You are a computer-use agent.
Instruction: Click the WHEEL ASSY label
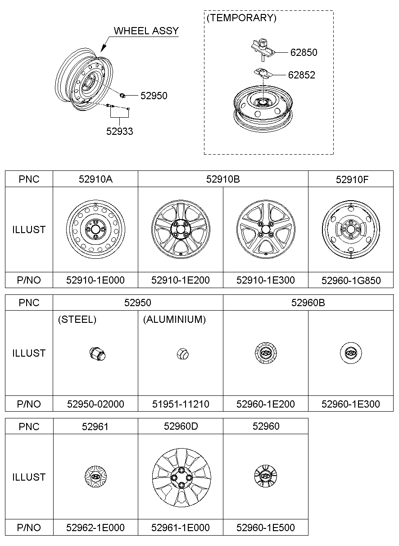coord(146,31)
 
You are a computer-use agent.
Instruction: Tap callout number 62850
coord(304,52)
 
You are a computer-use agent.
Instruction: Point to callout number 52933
coord(120,131)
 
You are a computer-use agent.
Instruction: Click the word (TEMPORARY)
coord(241,18)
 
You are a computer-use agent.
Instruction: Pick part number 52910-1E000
coord(95,280)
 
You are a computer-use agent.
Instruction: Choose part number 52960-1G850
coord(351,280)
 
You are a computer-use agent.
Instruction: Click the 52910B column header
coord(223,179)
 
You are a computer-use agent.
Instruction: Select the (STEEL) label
coord(77,320)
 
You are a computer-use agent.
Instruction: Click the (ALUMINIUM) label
coord(174,320)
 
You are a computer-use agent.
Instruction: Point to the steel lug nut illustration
coord(97,353)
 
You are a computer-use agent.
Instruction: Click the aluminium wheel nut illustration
coord(181,354)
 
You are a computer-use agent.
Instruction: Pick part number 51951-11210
coord(181,404)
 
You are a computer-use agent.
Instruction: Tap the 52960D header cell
coord(181,426)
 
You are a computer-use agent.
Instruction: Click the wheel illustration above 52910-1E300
coord(266,229)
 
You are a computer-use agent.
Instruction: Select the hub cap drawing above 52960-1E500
coord(266,477)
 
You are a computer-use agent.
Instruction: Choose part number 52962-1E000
coord(95,528)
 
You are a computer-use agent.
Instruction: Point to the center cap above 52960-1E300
coord(351,353)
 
